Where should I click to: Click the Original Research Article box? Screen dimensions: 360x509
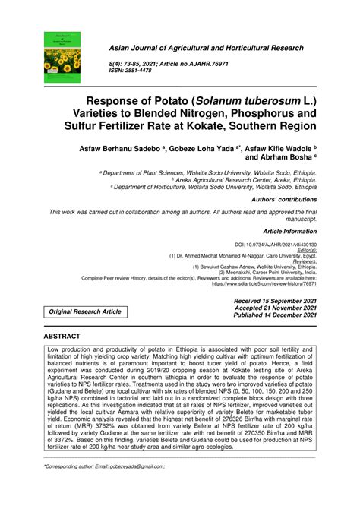84,311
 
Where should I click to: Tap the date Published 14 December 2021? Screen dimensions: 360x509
271,315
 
